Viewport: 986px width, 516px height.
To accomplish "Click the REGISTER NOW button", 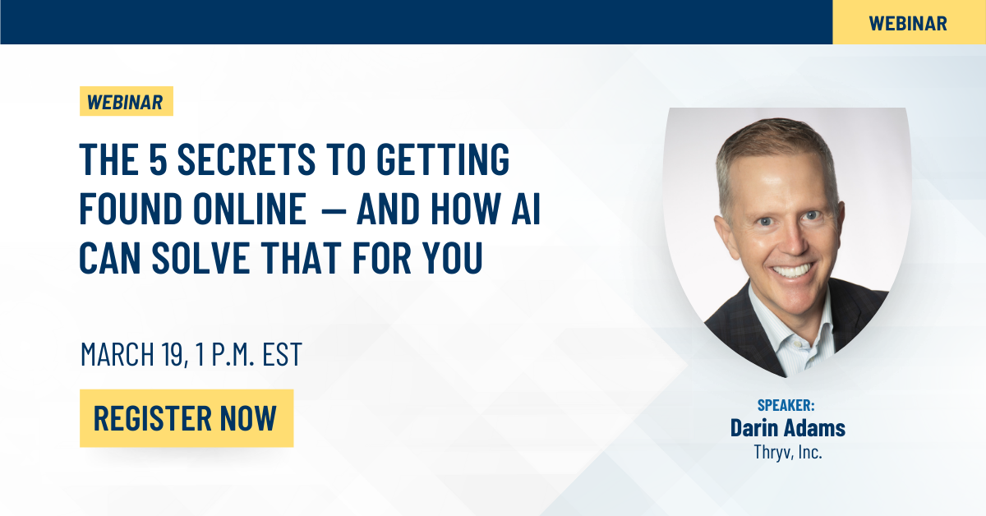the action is (x=187, y=418).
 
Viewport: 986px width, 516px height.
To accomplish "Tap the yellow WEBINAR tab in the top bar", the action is (x=909, y=23).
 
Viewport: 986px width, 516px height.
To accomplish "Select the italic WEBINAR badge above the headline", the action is (x=127, y=101).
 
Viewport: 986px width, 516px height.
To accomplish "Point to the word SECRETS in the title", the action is (x=246, y=159).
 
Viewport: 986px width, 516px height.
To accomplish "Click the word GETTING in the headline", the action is (x=443, y=159).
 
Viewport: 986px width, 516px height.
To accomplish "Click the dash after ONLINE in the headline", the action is (x=334, y=210).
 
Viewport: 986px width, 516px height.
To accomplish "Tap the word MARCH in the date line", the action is (x=117, y=354).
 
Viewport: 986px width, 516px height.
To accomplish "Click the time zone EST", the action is (x=282, y=354).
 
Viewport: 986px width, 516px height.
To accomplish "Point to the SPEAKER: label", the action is (x=786, y=405).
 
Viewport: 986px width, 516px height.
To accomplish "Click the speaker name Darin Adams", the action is (x=788, y=428).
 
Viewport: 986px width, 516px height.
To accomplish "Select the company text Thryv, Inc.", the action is (x=788, y=452).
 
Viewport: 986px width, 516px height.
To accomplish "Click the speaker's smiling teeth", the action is (x=792, y=270).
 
